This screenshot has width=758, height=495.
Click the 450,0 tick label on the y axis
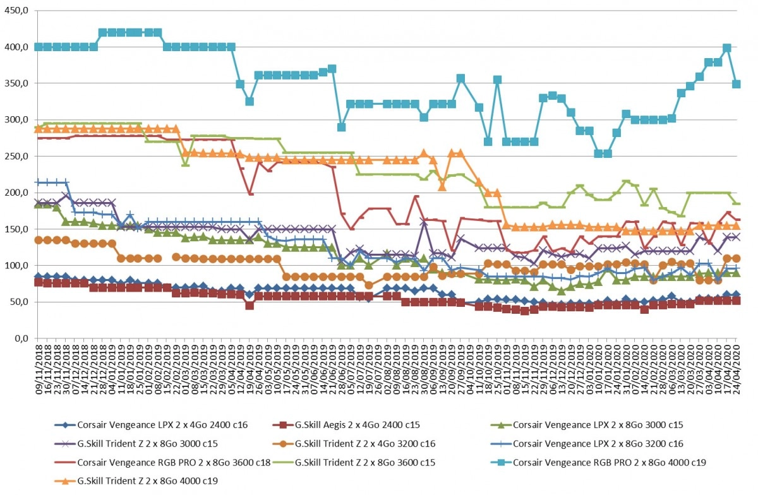coord(16,11)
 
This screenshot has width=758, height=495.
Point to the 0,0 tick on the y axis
coord(21,338)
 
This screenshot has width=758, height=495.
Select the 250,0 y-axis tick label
coord(16,157)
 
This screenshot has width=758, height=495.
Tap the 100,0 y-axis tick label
coord(16,266)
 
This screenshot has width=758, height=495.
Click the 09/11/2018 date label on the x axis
coord(39,370)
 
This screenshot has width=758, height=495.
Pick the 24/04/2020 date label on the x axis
coord(737,370)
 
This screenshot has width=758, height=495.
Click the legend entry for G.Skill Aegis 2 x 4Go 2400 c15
coord(346,425)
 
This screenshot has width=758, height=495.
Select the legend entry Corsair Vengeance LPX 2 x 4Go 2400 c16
coord(151,425)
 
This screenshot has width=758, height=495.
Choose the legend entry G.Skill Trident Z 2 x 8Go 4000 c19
coord(136,480)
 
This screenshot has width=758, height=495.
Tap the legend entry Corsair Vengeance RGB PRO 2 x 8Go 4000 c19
coord(598,463)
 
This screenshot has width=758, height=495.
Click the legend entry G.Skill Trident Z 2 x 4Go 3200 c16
coord(354,444)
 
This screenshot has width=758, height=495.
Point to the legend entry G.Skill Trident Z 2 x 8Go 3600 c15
coord(354,463)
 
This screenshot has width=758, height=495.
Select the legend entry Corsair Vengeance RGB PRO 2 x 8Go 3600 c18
coord(162,463)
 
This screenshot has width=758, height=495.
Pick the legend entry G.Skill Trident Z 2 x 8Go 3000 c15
coord(136,444)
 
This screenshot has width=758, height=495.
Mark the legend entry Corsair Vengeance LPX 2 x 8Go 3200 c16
coord(587,444)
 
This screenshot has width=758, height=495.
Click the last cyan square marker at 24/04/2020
coord(737,84)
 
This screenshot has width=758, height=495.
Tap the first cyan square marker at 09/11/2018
coord(39,47)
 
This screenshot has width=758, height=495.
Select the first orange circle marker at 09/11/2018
coord(39,240)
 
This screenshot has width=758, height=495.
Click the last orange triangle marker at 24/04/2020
coord(737,226)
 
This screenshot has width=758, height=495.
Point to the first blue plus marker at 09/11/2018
coord(39,182)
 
